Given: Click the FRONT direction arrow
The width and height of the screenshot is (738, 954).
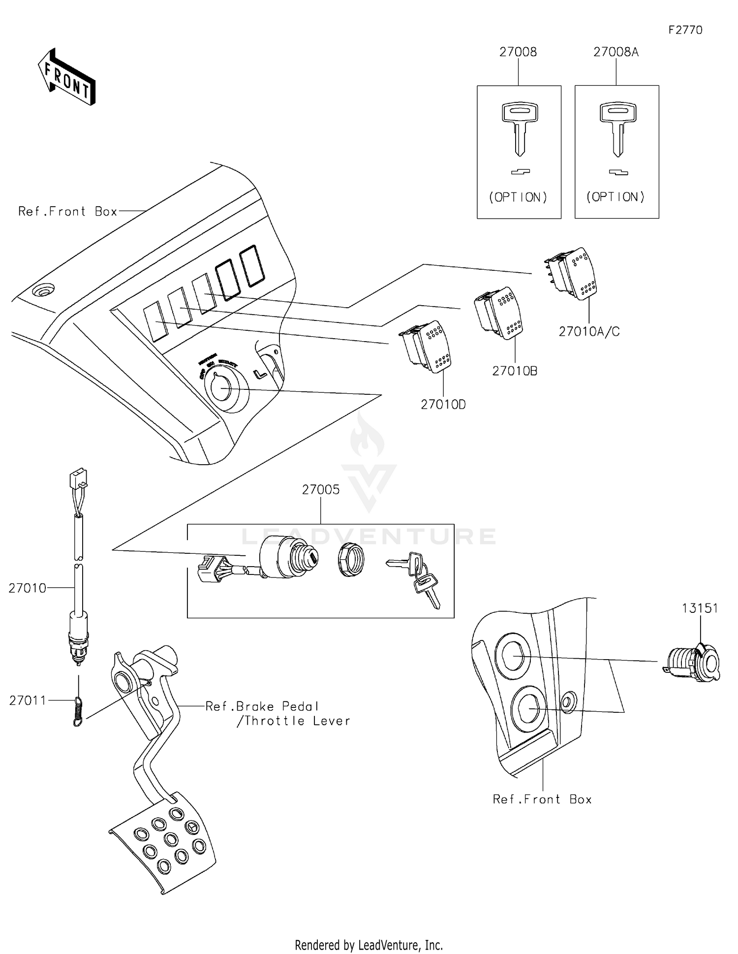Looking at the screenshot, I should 66,77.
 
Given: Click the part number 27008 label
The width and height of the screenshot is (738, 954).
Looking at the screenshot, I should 518,52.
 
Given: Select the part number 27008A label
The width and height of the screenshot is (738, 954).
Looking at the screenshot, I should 615,52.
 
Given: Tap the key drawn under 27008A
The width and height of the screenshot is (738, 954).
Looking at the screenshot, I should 617,128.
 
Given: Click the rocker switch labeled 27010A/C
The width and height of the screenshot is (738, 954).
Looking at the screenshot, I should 571,273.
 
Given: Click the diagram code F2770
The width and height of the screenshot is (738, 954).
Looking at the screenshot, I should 685,30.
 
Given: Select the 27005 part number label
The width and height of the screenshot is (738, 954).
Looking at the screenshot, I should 320,489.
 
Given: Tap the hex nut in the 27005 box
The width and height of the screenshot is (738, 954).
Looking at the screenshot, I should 351,560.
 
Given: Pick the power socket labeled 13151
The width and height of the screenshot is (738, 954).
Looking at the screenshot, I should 693,662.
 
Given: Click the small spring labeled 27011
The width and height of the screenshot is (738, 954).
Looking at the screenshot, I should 78,711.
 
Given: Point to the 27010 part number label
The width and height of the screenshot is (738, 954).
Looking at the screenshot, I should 28,588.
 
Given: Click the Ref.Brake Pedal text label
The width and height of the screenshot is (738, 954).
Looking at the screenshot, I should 262,706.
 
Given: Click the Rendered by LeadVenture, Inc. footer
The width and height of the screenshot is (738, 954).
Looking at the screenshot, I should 369,945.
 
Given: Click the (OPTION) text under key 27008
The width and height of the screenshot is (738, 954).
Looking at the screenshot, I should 518,197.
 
